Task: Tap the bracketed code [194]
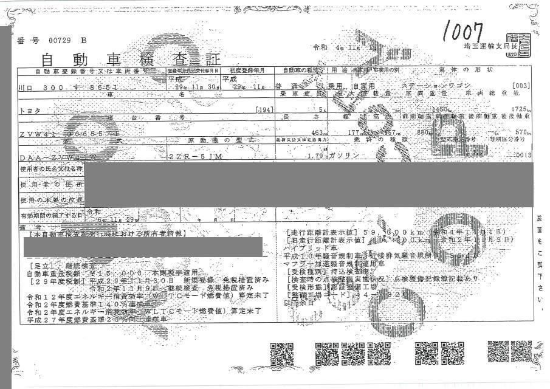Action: tap(264, 110)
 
